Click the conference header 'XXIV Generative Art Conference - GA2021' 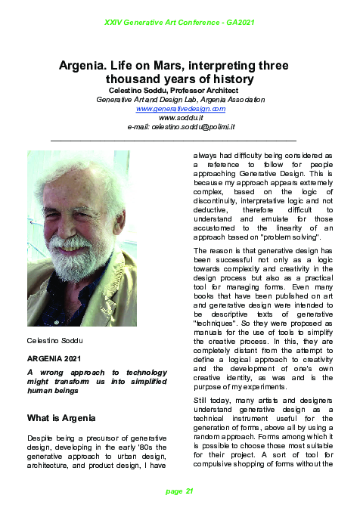[179, 23]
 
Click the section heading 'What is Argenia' [61, 418]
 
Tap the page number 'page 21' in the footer [179, 491]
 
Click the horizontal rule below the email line [173, 141]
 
